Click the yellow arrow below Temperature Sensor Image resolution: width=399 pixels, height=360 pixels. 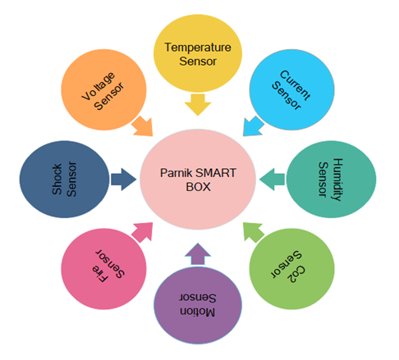pos(198,104)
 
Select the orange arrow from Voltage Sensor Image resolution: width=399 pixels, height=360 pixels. pos(143,126)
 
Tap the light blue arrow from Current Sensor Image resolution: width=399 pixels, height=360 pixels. pos(253,126)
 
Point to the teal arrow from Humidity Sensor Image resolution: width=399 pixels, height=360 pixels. pos(272,180)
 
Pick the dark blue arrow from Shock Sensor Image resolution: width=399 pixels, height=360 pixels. pos(123,180)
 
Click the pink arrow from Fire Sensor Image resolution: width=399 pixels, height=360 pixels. pos(142,232)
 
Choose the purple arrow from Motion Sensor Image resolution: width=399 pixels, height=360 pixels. pos(198,254)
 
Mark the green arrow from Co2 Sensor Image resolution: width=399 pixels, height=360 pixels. pos(254,232)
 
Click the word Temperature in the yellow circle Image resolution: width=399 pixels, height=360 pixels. pos(198,48)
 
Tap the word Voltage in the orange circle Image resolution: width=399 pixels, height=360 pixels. pos(99,86)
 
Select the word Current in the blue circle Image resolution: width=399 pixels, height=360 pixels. pos(295,85)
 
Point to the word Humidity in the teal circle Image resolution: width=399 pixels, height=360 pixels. pos(337,180)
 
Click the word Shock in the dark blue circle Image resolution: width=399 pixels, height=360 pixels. pos(57,180)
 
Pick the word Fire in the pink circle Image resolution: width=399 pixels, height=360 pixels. pos(99,274)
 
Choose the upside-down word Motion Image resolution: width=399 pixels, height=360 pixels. pos(198,312)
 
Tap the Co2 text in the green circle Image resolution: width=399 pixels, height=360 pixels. pos(296,274)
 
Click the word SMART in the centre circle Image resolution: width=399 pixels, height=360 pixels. pos(216,173)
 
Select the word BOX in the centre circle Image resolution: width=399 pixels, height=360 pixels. pos(198,187)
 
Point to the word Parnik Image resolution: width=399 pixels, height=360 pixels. pos(177,173)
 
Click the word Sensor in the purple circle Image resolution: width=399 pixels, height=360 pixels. pos(198,298)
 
